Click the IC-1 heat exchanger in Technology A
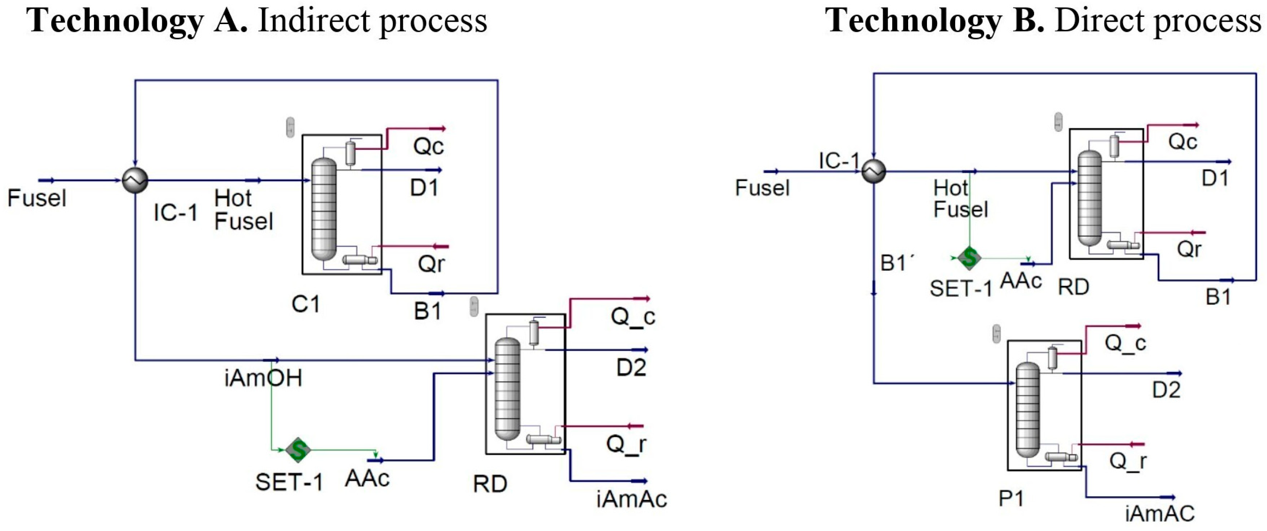135,180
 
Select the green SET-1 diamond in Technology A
298,449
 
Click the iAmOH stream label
263,378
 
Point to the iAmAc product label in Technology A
631,500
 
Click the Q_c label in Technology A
633,316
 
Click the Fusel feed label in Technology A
37,198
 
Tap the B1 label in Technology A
427,311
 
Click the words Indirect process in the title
372,21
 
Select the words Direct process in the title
1158,21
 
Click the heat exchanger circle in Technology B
873,172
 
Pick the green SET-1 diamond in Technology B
969,258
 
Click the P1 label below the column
1011,499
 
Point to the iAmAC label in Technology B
1159,514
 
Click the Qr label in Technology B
1189,249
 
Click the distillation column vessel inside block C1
324,209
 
